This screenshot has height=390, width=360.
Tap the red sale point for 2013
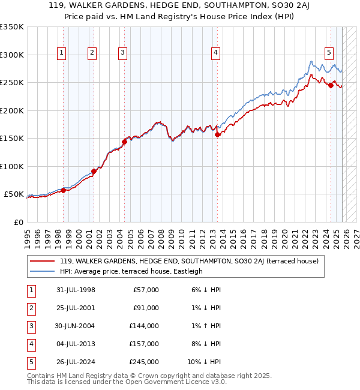point(217,135)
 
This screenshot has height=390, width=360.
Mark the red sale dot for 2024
point(331,85)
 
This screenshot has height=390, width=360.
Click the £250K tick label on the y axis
point(11,83)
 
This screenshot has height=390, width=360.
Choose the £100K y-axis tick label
point(11,167)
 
